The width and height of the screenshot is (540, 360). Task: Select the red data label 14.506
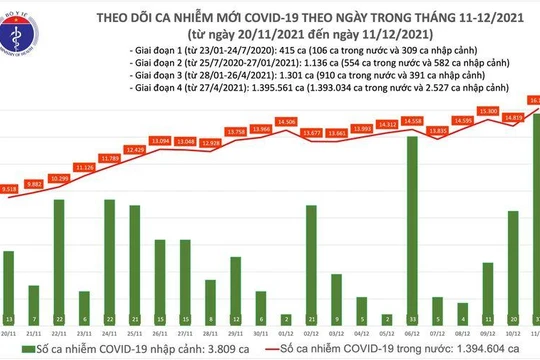285,122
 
